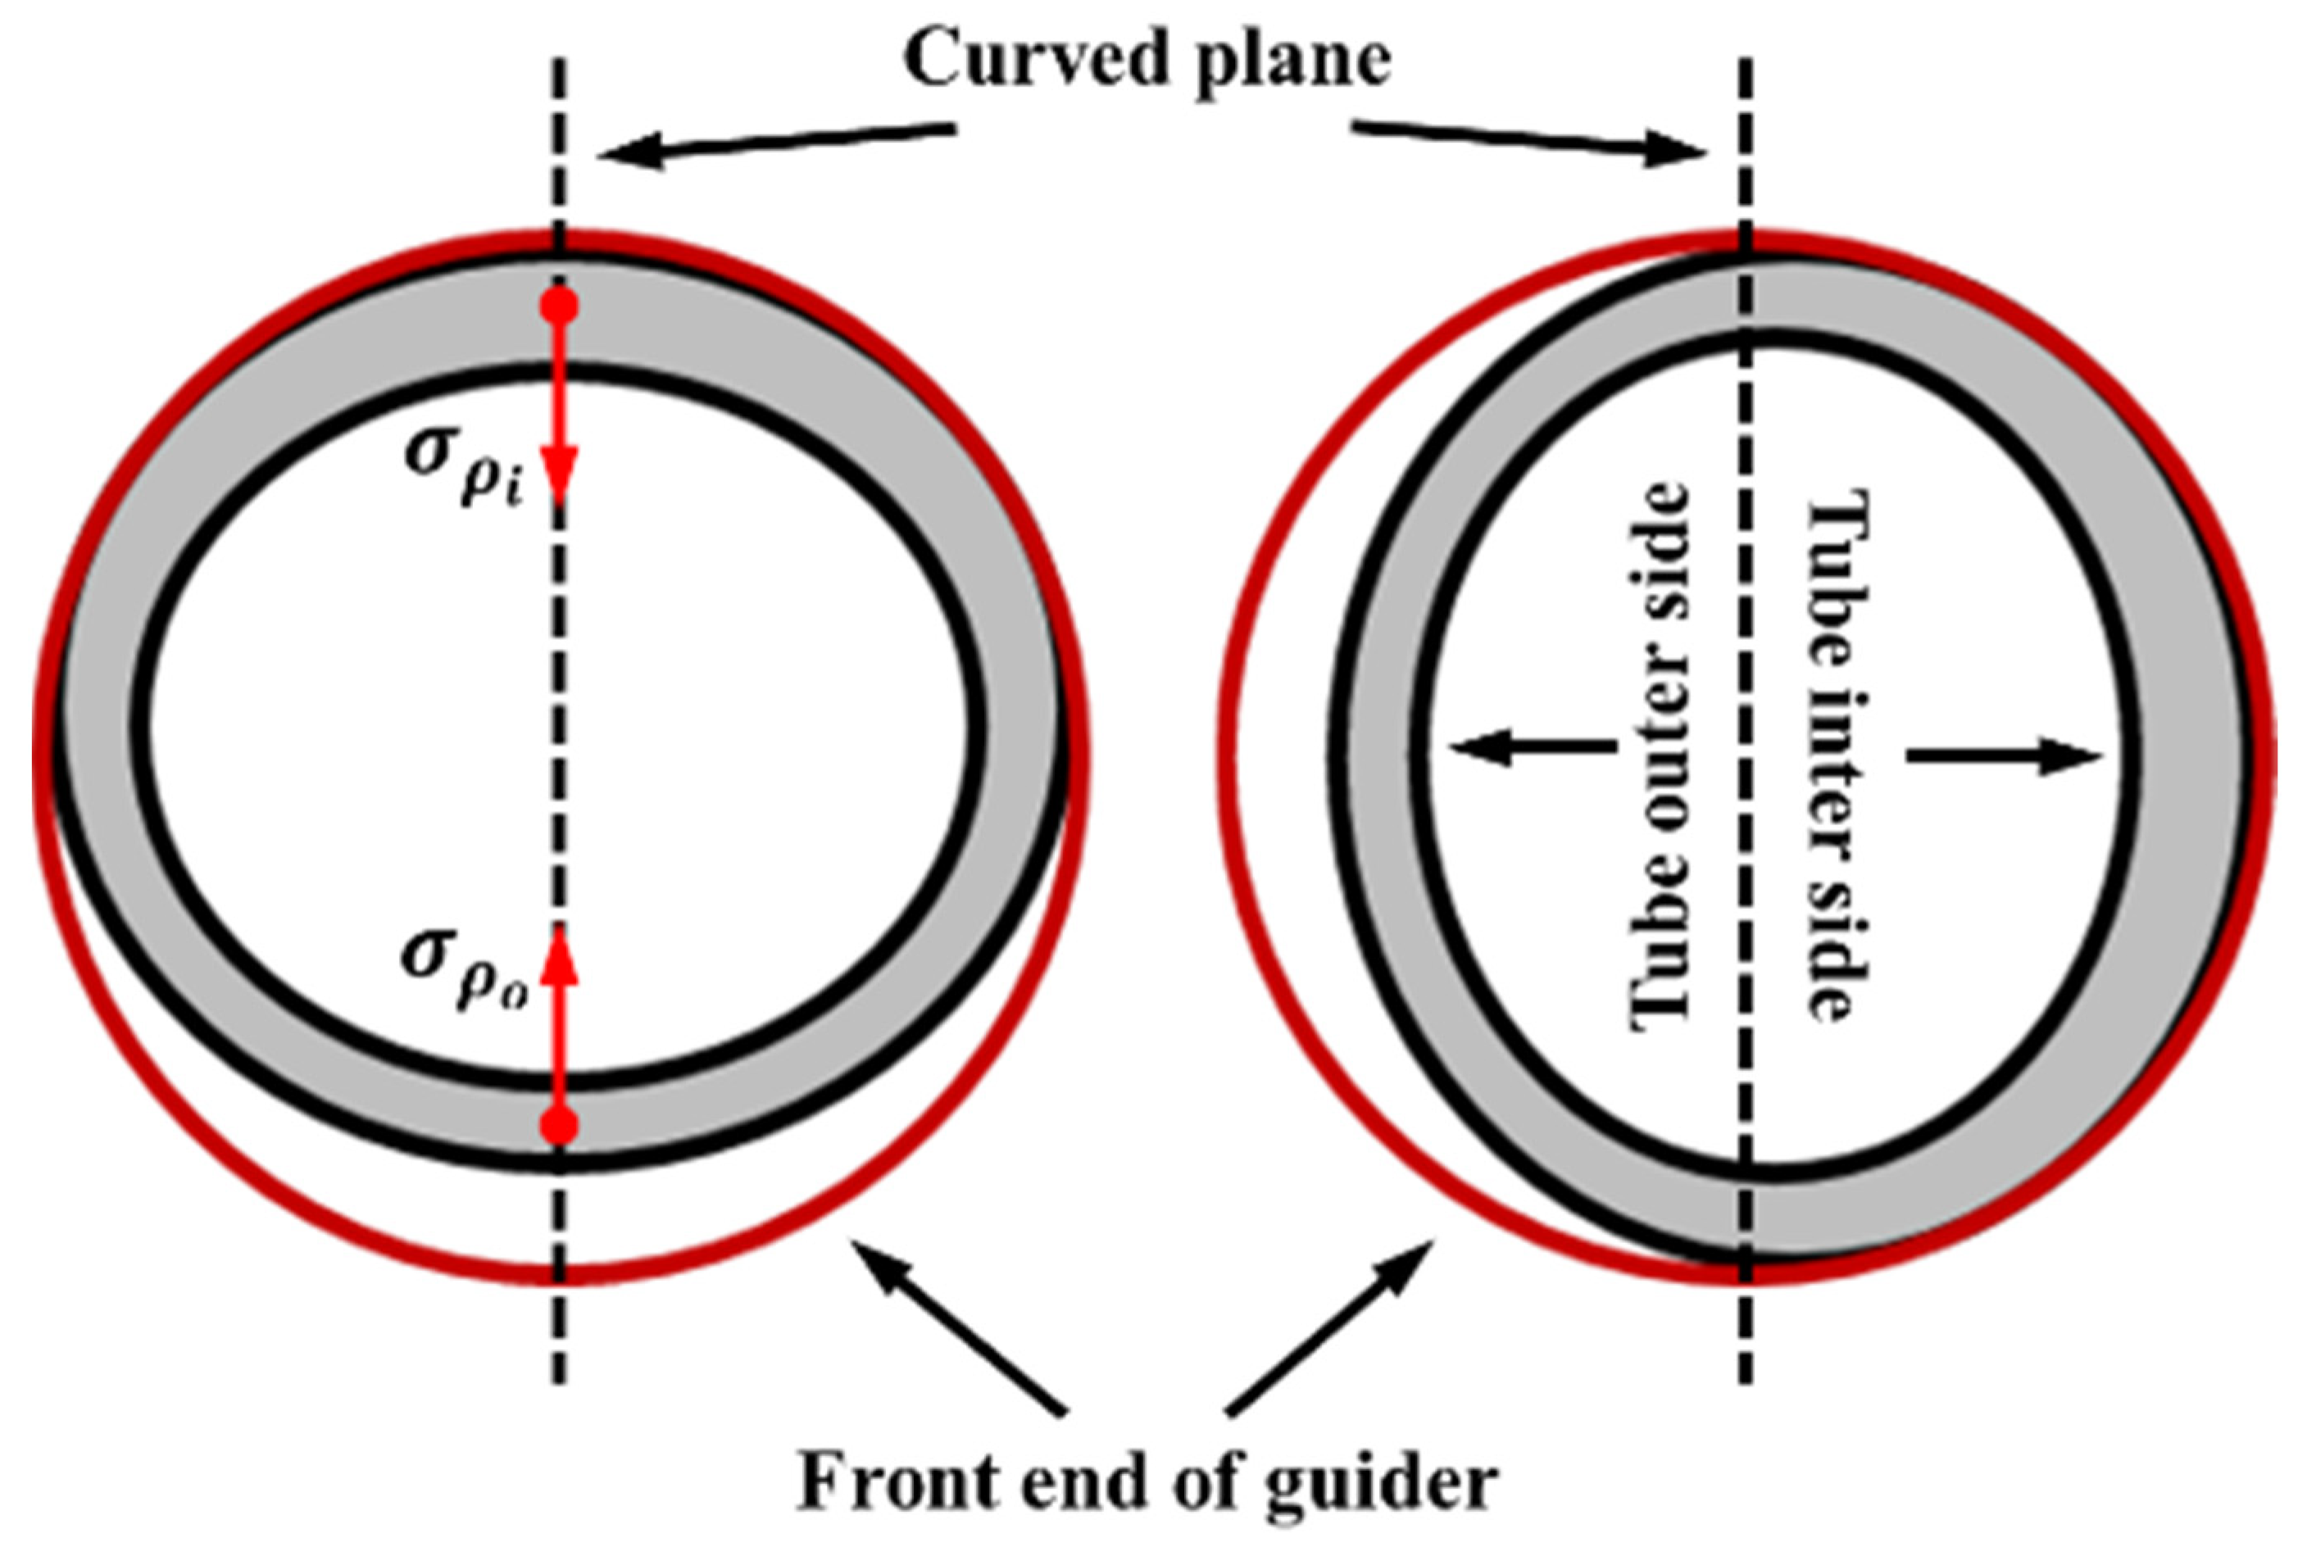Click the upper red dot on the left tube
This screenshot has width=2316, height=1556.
point(559,306)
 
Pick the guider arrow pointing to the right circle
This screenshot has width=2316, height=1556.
point(1329,1325)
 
